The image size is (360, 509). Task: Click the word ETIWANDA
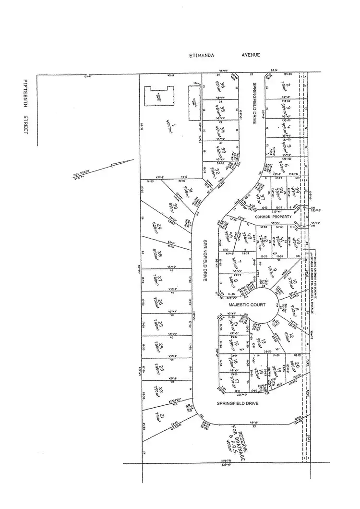click(202, 55)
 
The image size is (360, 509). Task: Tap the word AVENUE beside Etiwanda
click(251, 55)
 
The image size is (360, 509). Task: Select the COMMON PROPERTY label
click(273, 217)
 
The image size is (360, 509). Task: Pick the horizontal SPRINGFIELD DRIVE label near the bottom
click(238, 404)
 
